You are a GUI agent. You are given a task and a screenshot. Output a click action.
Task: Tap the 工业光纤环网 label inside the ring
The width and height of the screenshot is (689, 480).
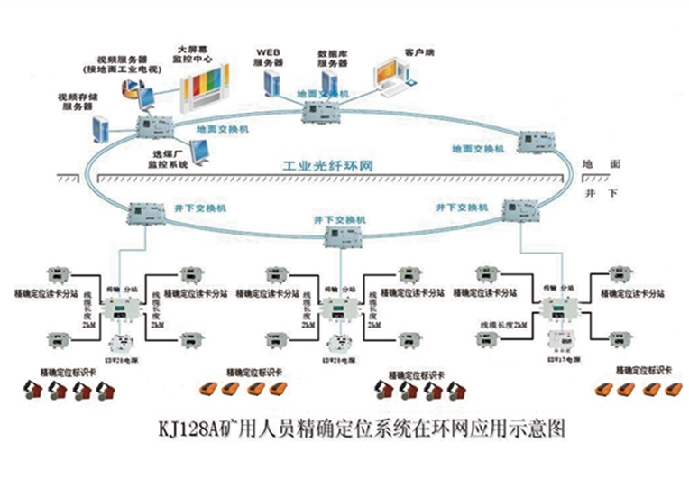(x=328, y=168)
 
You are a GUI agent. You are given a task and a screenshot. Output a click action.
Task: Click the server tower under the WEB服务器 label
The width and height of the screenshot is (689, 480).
(x=270, y=84)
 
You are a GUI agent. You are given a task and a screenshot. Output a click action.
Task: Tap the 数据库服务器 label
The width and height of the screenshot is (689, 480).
(x=331, y=60)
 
